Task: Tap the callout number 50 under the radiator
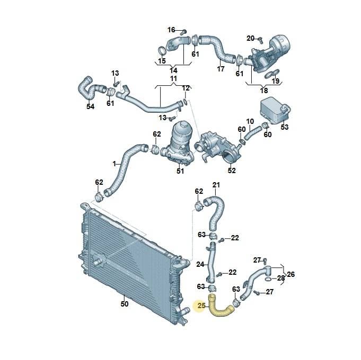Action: pyautogui.click(x=125, y=304)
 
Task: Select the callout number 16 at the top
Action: pyautogui.click(x=171, y=30)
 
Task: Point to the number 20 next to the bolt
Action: pyautogui.click(x=251, y=38)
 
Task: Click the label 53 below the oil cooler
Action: pyautogui.click(x=284, y=127)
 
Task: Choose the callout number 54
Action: pyautogui.click(x=90, y=106)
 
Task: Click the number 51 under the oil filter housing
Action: pyautogui.click(x=180, y=171)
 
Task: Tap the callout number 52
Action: pyautogui.click(x=232, y=170)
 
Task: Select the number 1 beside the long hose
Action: pyautogui.click(x=115, y=164)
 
